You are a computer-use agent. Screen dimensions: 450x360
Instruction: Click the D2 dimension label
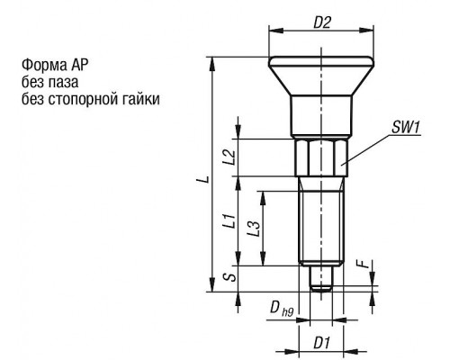click(322, 22)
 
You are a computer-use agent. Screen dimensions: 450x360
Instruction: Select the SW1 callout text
click(405, 128)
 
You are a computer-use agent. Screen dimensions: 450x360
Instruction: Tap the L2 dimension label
click(229, 157)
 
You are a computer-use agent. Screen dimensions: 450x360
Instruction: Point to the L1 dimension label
click(229, 220)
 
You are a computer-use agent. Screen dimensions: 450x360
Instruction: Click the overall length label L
click(203, 179)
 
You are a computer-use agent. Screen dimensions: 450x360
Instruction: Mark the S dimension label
click(230, 276)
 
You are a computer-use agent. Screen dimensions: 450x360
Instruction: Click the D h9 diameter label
click(282, 308)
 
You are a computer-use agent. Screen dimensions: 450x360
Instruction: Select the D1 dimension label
click(322, 343)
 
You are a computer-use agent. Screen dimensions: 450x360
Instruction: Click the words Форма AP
click(55, 65)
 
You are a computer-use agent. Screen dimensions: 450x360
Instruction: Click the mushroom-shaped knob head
click(321, 76)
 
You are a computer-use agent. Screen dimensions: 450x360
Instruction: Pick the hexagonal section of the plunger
click(321, 157)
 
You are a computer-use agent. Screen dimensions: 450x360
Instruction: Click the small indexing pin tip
click(321, 278)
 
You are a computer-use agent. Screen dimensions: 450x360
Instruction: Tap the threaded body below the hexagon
click(321, 221)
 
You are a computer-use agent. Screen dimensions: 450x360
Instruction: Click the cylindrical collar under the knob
click(321, 116)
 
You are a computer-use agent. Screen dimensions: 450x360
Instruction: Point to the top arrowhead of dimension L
click(212, 64)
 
